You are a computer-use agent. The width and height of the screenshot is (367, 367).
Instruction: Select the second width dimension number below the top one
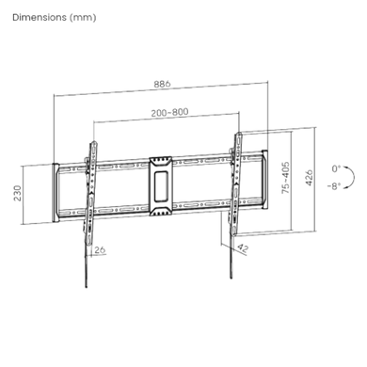click(x=169, y=112)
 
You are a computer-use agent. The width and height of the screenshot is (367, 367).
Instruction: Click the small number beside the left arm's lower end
click(x=101, y=250)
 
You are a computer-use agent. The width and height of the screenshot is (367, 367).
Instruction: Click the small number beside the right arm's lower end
click(x=243, y=250)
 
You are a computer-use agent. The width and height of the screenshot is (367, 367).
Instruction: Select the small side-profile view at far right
click(x=342, y=176)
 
